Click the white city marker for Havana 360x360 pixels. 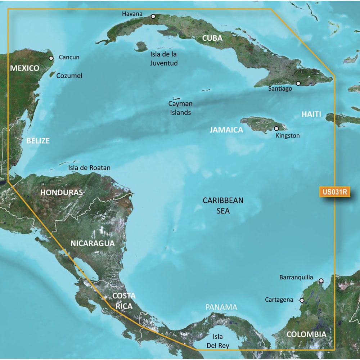click(153, 16)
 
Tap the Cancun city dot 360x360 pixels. click(51, 58)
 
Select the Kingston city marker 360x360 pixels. click(276, 128)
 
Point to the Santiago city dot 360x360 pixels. click(298, 83)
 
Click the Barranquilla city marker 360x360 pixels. click(321, 280)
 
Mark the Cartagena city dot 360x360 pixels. click(302, 300)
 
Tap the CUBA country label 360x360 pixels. click(212, 38)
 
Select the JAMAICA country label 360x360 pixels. click(226, 130)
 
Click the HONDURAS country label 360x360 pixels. click(62, 192)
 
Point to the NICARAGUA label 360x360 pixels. click(93, 243)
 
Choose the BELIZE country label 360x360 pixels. click(38, 141)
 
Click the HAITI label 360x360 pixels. click(311, 114)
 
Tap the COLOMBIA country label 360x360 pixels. click(306, 334)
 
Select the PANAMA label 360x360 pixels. click(221, 307)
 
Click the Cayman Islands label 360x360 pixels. click(180, 108)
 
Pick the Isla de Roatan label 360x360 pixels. click(89, 168)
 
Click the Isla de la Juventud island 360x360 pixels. click(141, 46)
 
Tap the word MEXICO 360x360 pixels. click(24, 68)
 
